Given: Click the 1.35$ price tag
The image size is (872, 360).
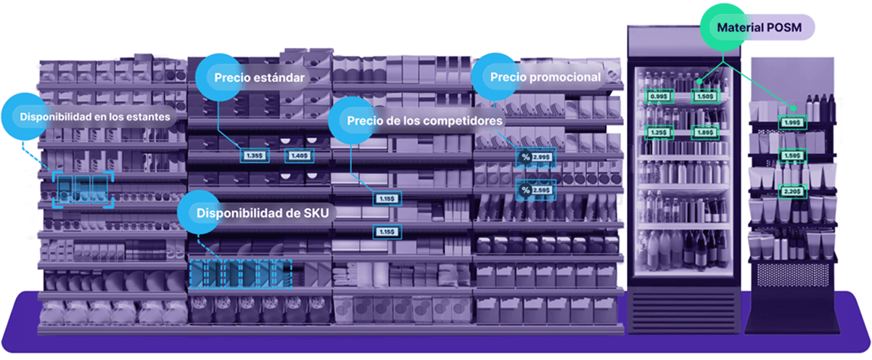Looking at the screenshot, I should (254, 156).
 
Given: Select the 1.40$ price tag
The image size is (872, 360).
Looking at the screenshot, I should (300, 156).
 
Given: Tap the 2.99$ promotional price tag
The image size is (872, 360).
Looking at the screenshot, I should (541, 157).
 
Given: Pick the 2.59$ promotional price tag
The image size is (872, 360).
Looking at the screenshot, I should (541, 190).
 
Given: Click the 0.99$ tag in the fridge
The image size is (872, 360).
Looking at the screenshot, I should (659, 97).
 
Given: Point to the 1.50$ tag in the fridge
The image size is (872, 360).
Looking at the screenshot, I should (704, 97).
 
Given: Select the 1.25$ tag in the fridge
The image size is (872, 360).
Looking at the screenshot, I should (659, 133).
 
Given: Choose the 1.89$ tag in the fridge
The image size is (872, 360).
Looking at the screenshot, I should (704, 133).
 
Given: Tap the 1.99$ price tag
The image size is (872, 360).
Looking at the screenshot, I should (792, 123).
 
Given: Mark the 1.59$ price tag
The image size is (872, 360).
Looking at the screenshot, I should (792, 156).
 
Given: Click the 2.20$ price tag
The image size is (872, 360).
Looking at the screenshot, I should (792, 192).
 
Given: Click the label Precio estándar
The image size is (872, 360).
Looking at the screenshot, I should (257, 77).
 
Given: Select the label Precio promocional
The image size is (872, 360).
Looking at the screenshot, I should (546, 77).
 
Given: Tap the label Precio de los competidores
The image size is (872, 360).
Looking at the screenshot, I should (424, 121).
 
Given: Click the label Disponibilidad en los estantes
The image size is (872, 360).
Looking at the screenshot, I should (95, 116).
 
